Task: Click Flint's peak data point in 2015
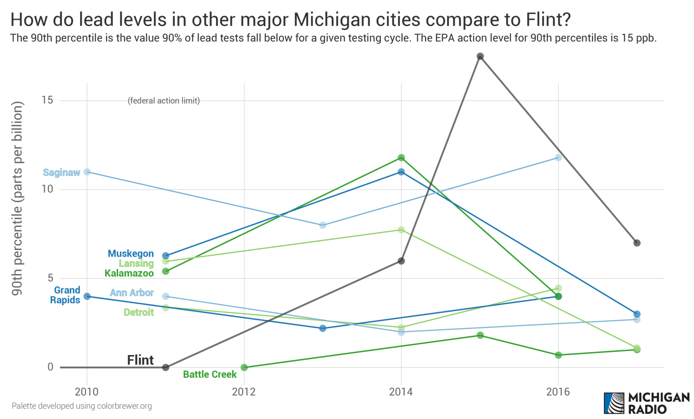480,56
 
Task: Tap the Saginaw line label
62,172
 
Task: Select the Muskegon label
131,254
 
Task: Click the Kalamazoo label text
129,273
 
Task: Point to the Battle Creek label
210,374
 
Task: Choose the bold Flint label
140,360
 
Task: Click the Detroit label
138,312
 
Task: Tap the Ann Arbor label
131,293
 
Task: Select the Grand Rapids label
65,295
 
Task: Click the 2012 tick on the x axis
244,391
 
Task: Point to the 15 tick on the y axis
47,100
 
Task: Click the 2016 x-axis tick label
558,391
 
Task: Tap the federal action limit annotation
164,101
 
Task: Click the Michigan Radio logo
647,403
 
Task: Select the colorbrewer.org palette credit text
82,406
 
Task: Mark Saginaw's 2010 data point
87,172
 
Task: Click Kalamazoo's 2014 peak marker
401,158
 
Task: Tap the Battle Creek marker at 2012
244,367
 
